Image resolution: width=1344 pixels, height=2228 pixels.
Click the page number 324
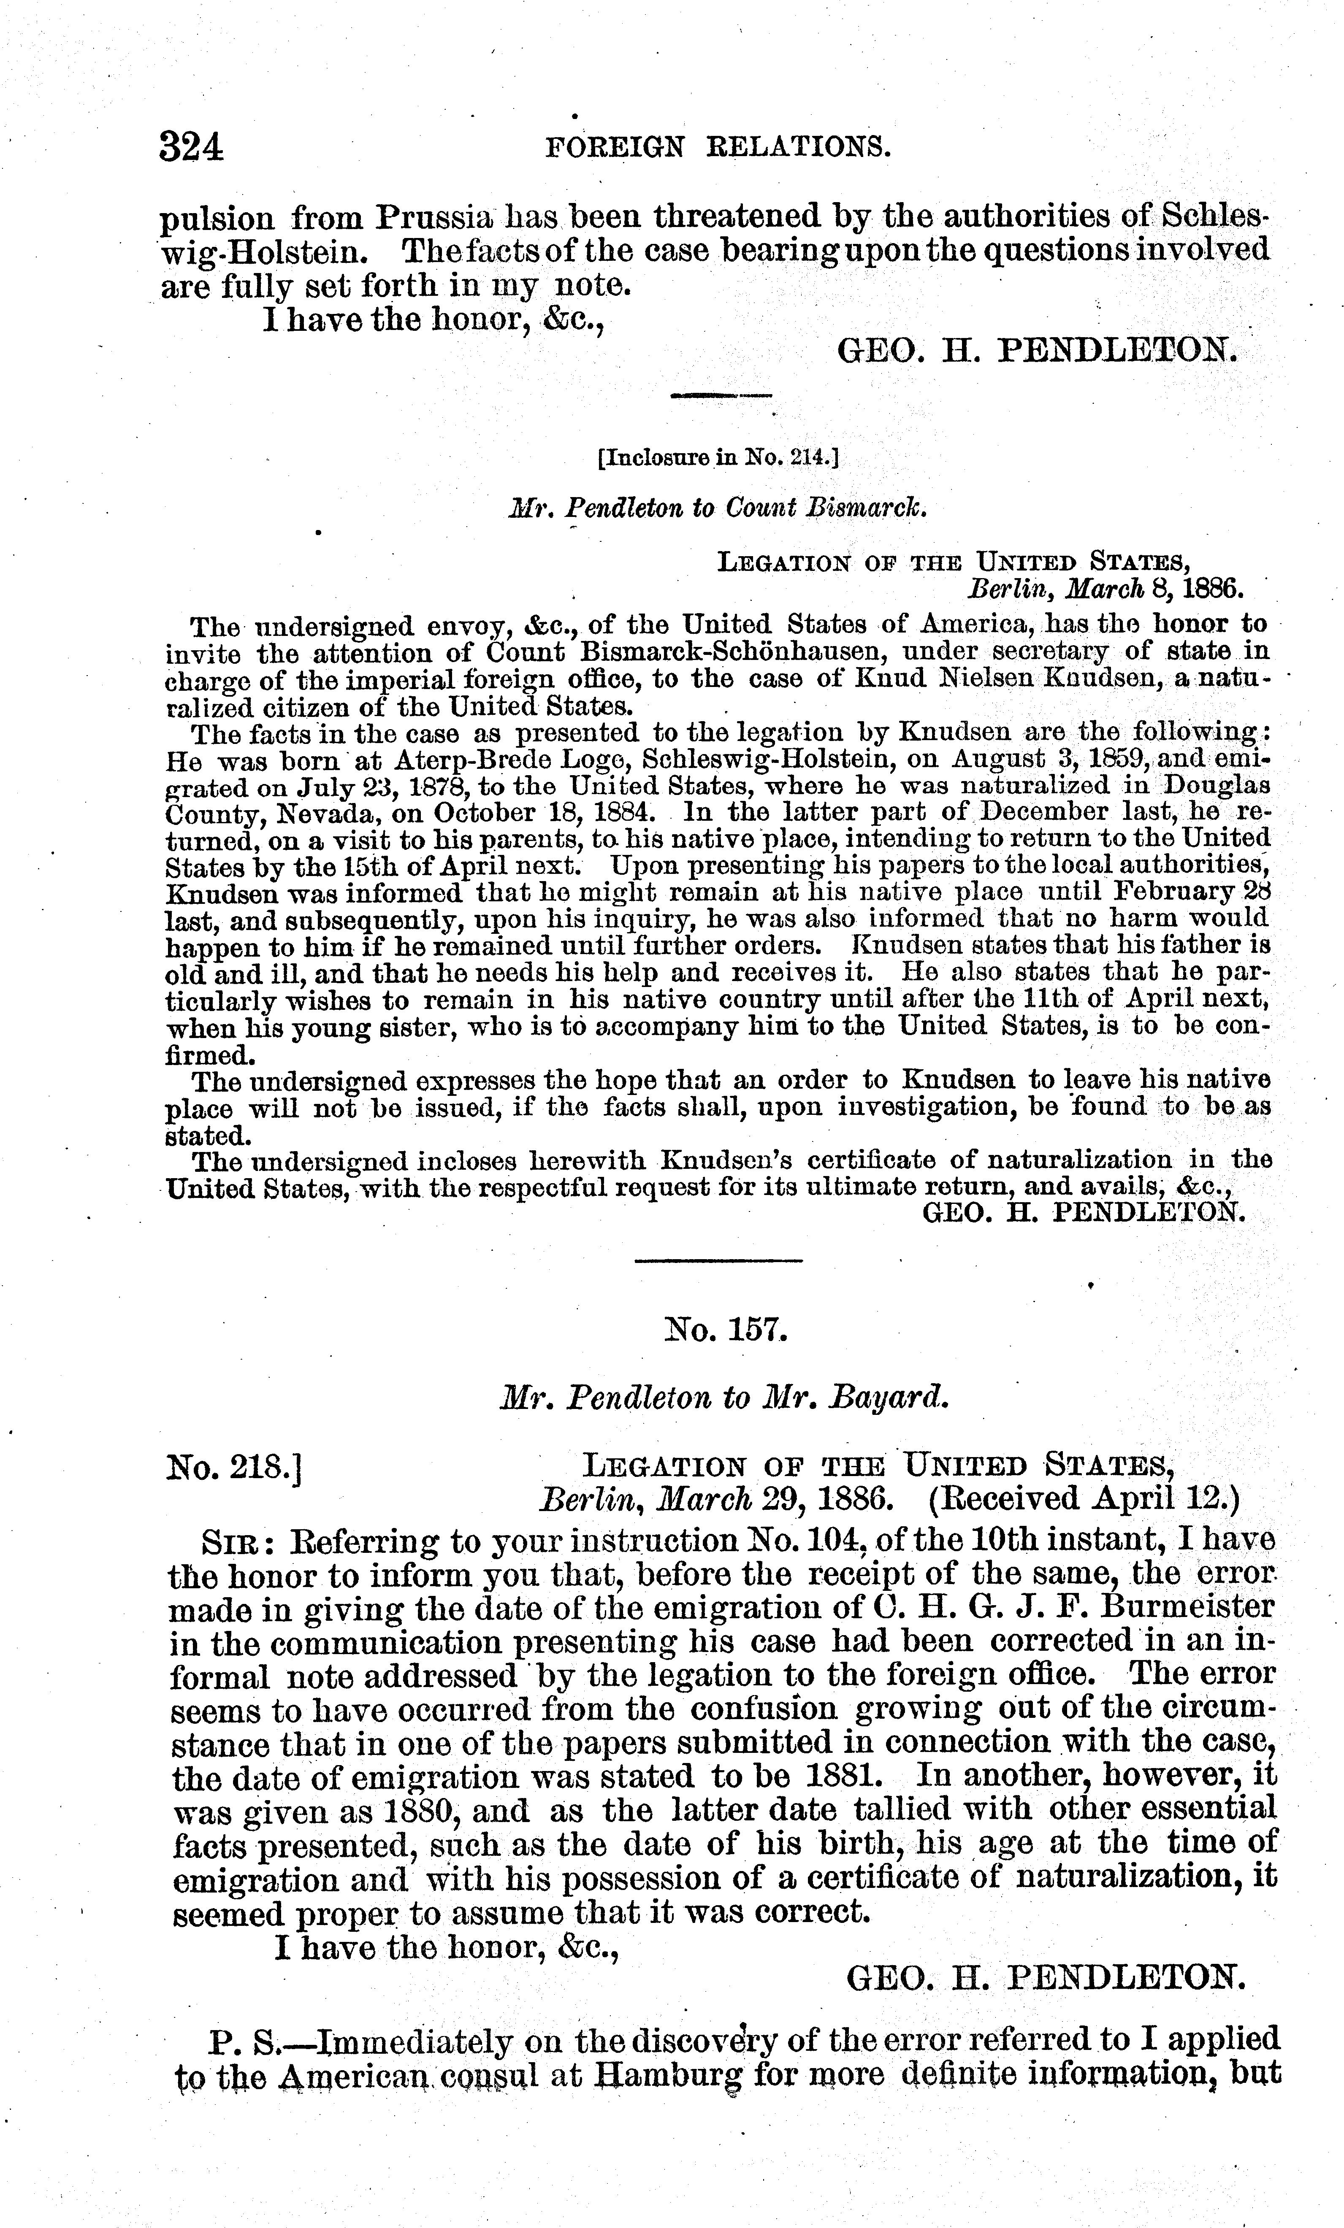(x=191, y=146)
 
